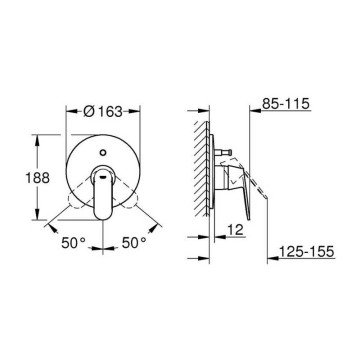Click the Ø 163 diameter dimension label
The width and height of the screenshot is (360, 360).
[x=103, y=112]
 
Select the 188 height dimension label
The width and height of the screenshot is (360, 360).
[x=38, y=178]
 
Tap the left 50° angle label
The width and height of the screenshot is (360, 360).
[x=73, y=243]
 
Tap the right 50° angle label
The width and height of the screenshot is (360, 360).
[x=134, y=243]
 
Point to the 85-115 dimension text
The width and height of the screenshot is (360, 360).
[x=286, y=104]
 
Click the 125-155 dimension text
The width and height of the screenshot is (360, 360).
[x=307, y=251]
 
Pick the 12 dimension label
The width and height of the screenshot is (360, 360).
[x=235, y=230]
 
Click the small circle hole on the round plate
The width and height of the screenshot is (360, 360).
[x=103, y=153]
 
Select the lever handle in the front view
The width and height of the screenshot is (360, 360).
[x=103, y=192]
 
